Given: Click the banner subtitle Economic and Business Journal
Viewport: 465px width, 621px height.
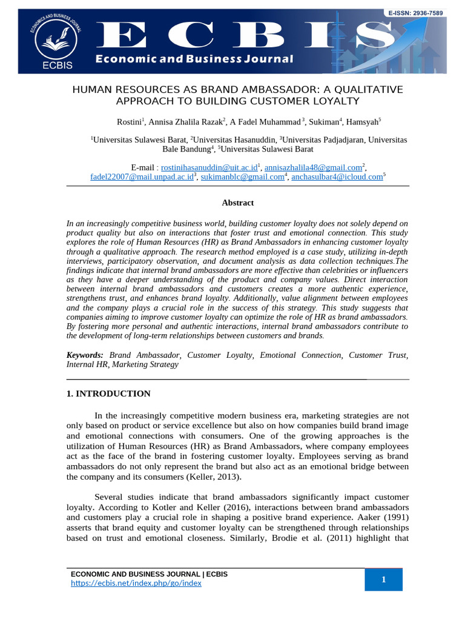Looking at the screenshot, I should click(194, 59).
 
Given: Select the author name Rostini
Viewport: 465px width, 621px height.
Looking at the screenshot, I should click(129, 122).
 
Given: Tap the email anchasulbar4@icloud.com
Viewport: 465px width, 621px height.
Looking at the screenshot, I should click(337, 177).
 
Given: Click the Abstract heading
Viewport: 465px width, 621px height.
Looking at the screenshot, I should click(237, 203).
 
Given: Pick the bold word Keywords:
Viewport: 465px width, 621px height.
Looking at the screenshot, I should click(85, 355).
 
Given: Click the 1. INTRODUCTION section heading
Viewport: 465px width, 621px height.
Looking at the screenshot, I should click(108, 394).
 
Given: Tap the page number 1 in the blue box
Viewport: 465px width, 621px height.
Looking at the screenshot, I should click(383, 580).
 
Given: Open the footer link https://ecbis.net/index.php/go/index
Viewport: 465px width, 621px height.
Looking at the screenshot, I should click(136, 583).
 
